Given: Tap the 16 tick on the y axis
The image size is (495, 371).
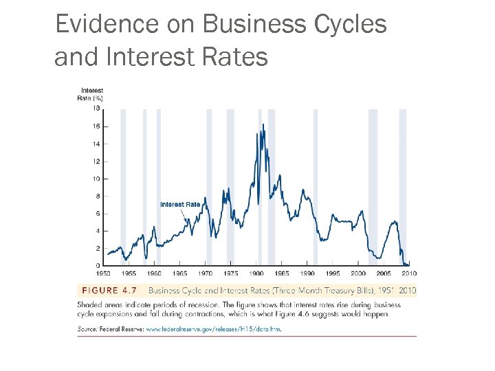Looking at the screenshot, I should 96,126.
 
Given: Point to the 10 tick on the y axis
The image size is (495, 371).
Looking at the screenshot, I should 96,179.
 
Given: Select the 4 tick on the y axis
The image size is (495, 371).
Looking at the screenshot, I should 97,231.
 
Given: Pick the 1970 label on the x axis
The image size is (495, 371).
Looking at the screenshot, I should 205,273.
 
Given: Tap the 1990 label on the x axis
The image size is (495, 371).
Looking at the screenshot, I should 307,273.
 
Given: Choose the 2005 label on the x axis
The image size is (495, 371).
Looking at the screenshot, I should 384,273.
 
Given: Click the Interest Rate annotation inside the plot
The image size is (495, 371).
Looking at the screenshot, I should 180,204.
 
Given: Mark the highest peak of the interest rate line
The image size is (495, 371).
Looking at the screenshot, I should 263,124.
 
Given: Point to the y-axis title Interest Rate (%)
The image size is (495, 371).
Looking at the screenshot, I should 91,94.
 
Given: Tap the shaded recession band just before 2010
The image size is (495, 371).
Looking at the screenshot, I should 403,185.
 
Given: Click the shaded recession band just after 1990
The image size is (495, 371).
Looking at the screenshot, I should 316,185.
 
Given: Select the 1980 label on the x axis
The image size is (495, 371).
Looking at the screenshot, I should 256,273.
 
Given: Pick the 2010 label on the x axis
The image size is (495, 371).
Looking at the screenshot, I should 409,273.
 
